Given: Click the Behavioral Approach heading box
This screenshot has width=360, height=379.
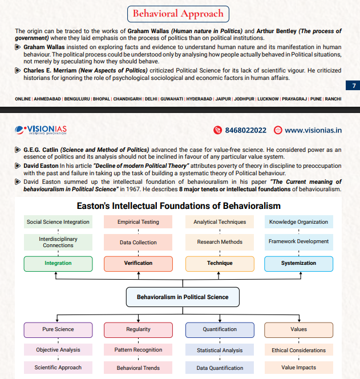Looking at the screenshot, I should pos(177,13).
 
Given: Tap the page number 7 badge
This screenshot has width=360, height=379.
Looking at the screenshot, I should pos(353,86).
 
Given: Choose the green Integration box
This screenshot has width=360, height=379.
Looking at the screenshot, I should pos(58,263).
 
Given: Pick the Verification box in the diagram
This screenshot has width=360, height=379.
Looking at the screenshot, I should pos(138,263).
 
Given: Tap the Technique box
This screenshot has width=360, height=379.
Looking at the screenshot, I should pos(220,263).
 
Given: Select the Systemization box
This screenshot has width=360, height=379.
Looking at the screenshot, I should pos(298,263).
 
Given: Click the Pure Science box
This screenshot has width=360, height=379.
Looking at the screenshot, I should pos(58,329).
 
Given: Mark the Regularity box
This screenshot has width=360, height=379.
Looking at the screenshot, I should pos(138,329).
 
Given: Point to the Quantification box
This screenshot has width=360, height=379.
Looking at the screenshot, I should pos(220,329).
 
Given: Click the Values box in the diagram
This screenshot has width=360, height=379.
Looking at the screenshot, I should pos(298,329).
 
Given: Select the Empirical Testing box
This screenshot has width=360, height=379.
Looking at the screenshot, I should pos(138,221).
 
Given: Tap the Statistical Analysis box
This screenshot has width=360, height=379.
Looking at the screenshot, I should pos(220,350).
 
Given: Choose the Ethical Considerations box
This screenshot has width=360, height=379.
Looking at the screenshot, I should pos(298,350).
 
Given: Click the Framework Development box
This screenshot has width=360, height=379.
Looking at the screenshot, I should pos(298,241).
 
